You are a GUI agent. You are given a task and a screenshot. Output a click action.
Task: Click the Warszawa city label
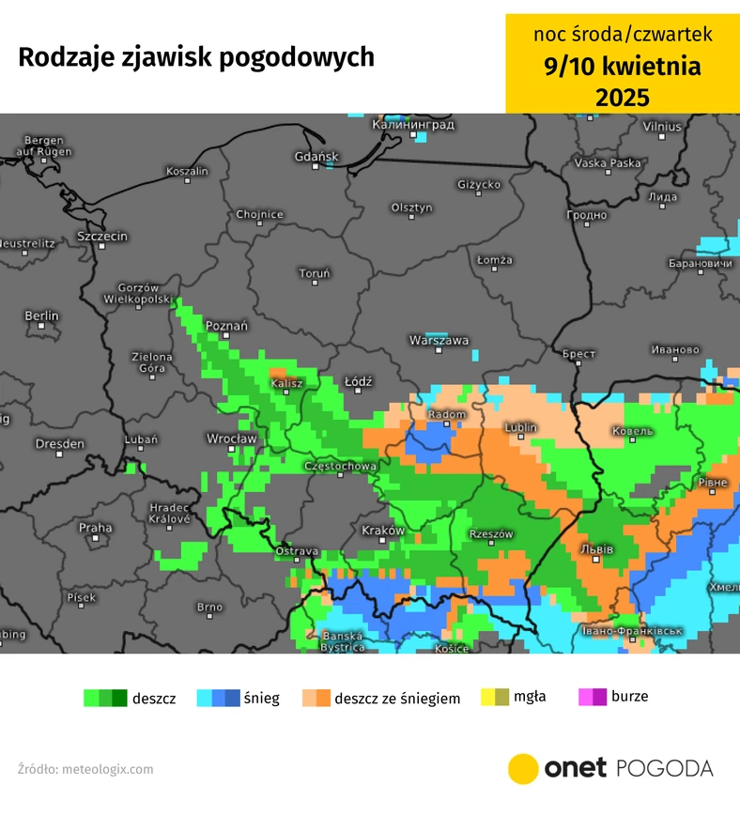pyautogui.click(x=439, y=341)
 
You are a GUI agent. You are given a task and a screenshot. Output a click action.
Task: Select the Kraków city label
pyautogui.click(x=382, y=531)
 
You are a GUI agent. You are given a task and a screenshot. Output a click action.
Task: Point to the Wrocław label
pyautogui.click(x=231, y=439)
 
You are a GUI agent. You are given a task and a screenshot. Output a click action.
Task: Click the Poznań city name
pyautogui.click(x=226, y=326)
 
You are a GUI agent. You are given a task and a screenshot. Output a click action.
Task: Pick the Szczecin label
pyautogui.click(x=102, y=237)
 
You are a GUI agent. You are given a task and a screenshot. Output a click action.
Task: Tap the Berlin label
pyautogui.click(x=41, y=316)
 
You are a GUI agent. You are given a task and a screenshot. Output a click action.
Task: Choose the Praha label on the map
pyautogui.click(x=95, y=528)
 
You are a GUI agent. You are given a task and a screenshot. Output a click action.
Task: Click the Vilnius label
pyautogui.click(x=662, y=126)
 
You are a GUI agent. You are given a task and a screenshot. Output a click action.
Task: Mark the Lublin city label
pyautogui.click(x=520, y=427)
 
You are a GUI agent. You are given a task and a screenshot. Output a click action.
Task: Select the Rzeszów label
pyautogui.click(x=491, y=533)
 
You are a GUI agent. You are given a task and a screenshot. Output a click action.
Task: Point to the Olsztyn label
pyautogui.click(x=412, y=207)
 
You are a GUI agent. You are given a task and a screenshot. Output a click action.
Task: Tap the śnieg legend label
pyautogui.click(x=262, y=699)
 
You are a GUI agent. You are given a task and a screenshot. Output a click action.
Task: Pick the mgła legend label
pyautogui.click(x=530, y=697)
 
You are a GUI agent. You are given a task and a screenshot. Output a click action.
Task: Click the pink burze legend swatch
pyautogui.click(x=592, y=697)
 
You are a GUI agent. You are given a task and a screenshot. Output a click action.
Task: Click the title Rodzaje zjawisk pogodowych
pyautogui.click(x=196, y=57)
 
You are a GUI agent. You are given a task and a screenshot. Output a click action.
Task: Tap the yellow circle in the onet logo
pyautogui.click(x=523, y=768)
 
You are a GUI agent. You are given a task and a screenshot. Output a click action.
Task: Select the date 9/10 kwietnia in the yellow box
pyautogui.click(x=623, y=67)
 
